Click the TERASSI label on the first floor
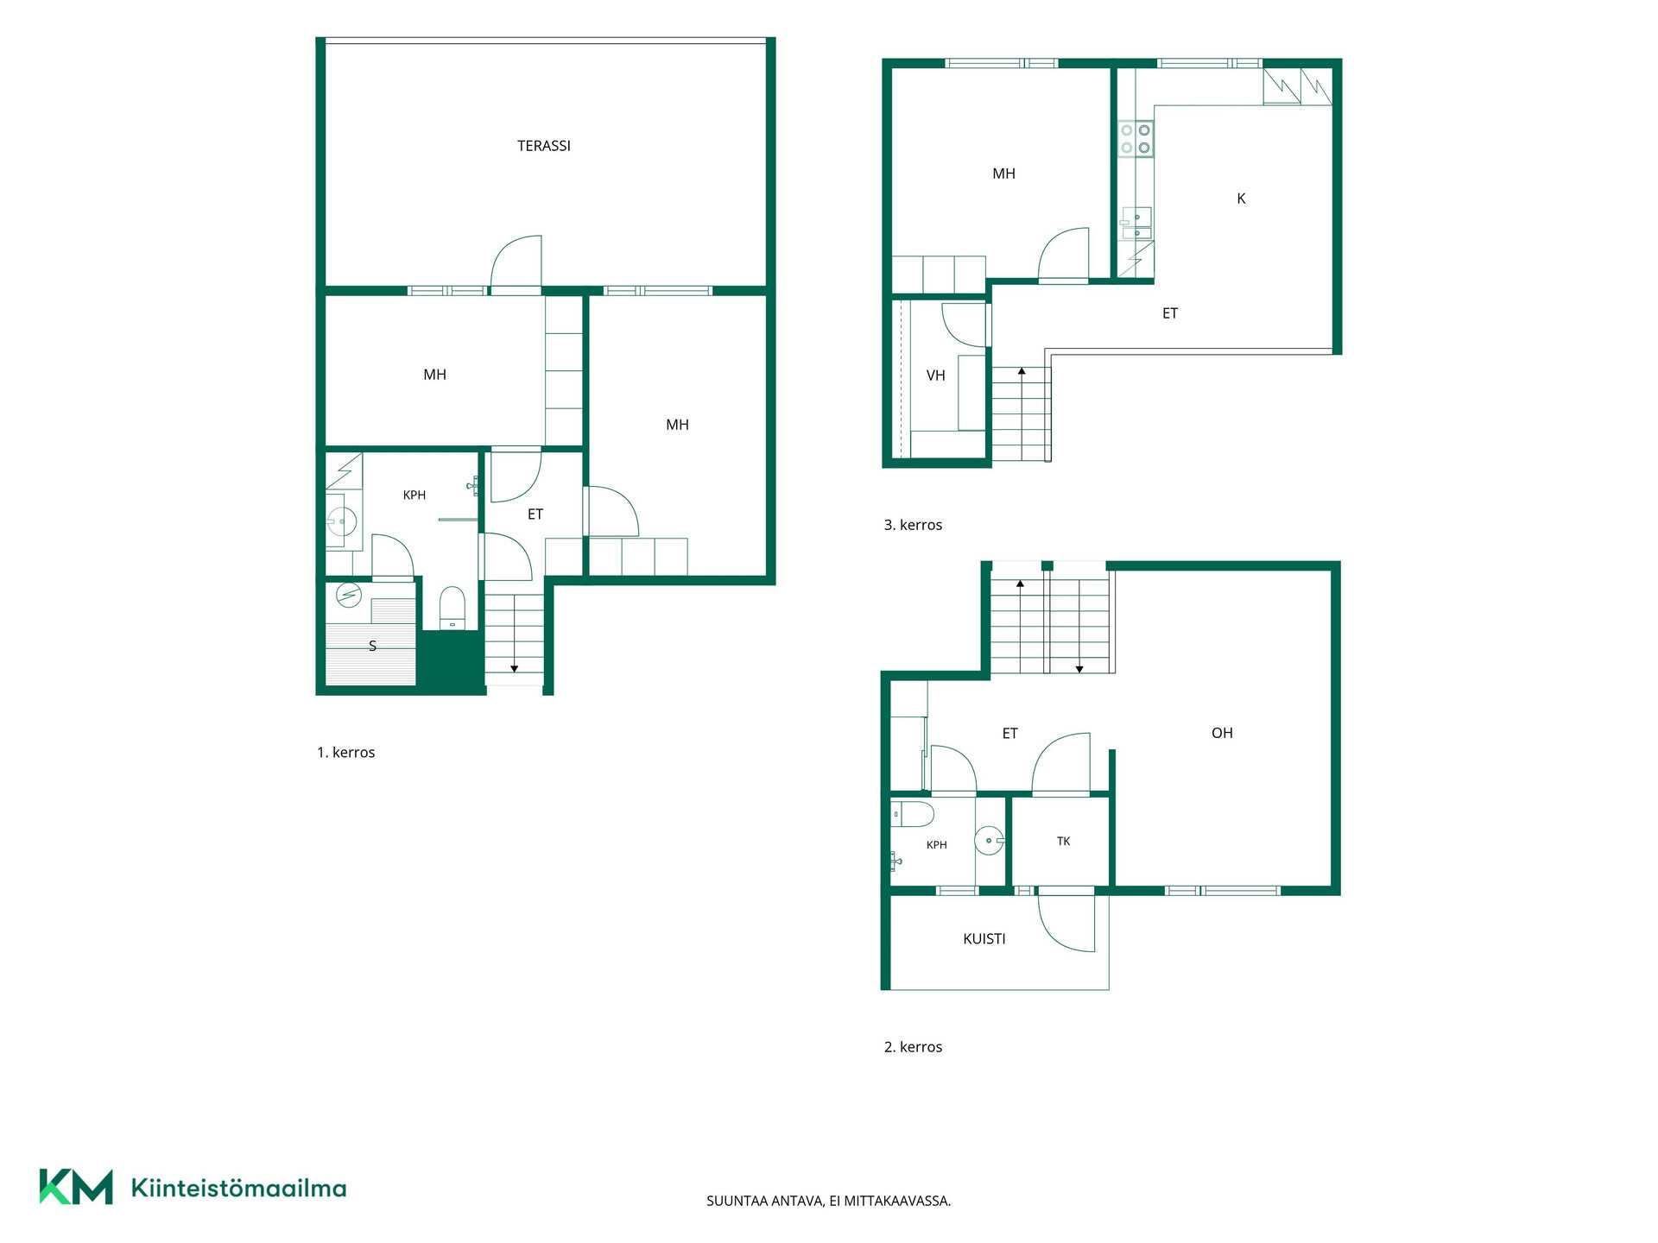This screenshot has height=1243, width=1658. coord(544,146)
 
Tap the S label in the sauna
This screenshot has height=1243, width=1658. coord(373,646)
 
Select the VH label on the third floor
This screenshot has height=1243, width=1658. coord(936,375)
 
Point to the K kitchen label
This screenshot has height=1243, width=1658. coord(1241,199)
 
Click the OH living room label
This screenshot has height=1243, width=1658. coord(1222,733)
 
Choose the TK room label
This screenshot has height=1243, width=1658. coord(1064,841)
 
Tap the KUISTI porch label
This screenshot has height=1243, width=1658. coord(984,938)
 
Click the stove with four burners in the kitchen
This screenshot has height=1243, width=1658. coord(1136,139)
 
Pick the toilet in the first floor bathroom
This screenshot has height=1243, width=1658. coord(452,608)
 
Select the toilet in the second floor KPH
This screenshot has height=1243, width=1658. coord(913,814)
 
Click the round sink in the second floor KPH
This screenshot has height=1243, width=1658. coord(990,840)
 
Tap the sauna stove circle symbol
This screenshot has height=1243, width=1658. coord(349,595)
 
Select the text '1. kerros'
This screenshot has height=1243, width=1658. coord(346,753)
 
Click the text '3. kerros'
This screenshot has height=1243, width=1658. coord(913,525)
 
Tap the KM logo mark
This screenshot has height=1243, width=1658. coord(76,1187)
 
